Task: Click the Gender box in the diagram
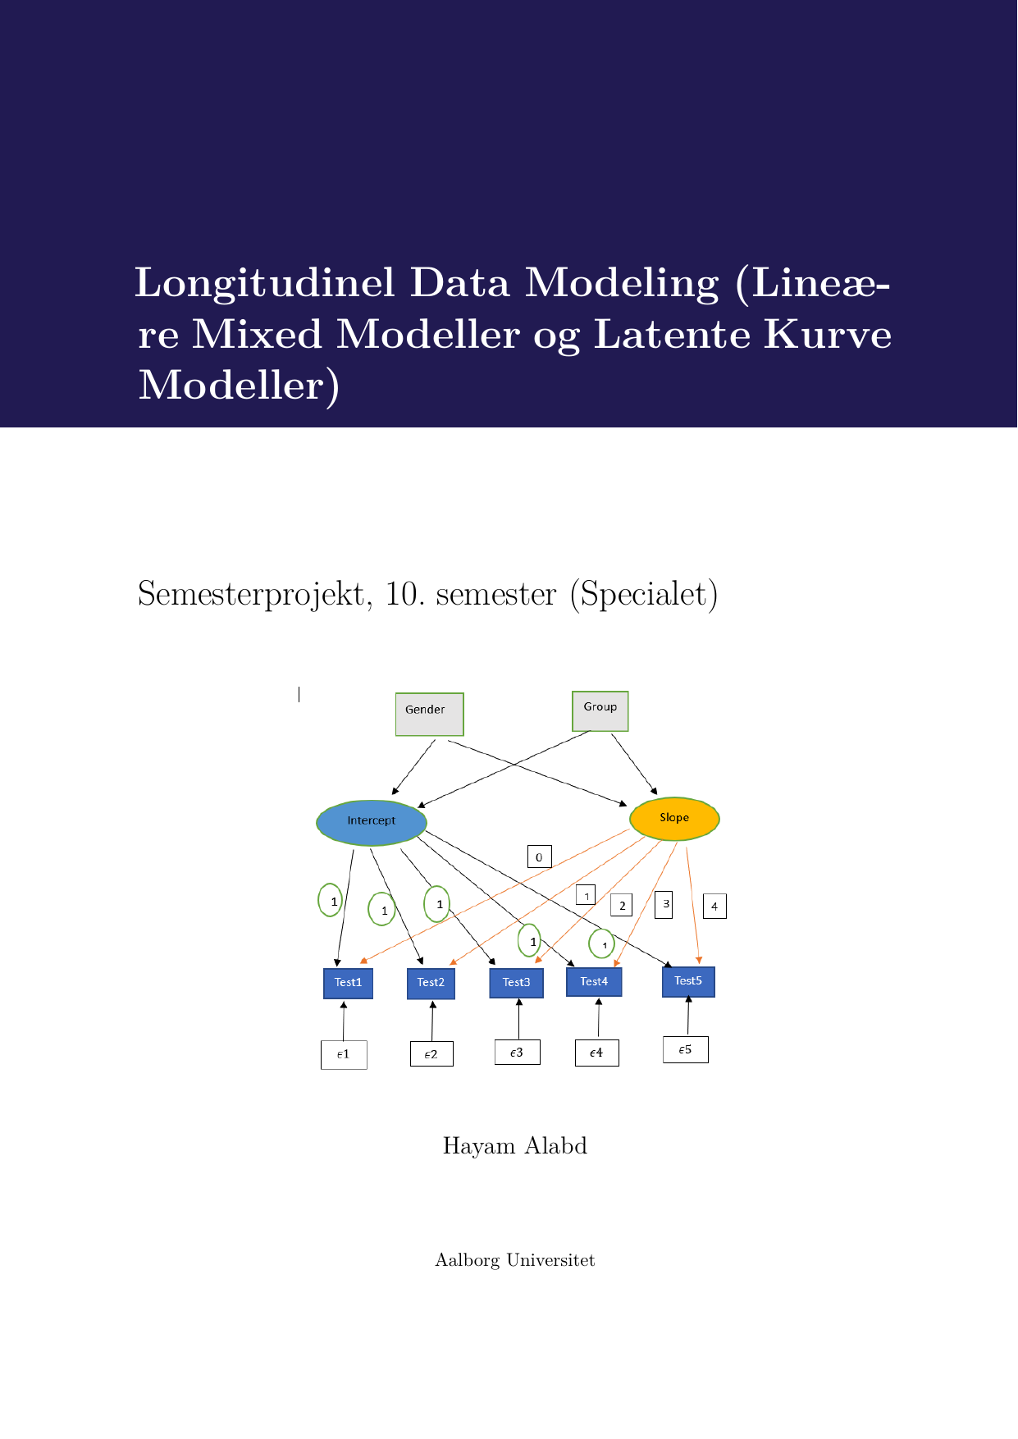coord(429,714)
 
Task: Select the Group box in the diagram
coord(600,710)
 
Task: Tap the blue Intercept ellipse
coord(372,822)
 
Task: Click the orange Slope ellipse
coord(674,819)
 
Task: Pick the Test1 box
coord(348,983)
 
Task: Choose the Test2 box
coord(431,983)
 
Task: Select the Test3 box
coord(516,983)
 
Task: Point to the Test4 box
coord(594,982)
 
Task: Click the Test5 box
coord(688,981)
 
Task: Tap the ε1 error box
coord(344,1055)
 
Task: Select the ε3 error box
coord(517,1053)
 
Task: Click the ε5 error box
coord(685,1050)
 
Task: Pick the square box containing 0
coord(539,857)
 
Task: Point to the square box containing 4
coord(714,907)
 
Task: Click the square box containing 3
coord(664,905)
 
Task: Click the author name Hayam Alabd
coord(514,1146)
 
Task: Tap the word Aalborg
coord(467,1261)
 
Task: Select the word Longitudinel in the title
coord(264,284)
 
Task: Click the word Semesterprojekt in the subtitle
coord(250,595)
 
